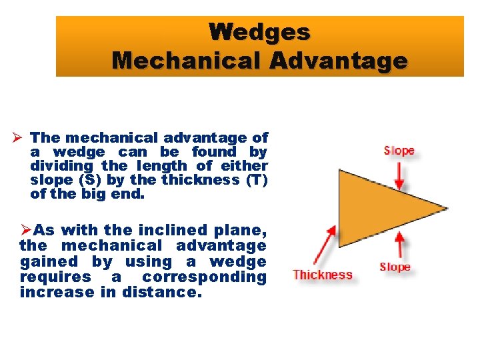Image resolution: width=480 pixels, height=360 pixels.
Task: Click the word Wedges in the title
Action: point(259,31)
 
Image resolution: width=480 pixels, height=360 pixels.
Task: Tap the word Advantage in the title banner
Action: point(339,61)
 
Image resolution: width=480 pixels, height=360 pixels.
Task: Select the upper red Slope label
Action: point(399,151)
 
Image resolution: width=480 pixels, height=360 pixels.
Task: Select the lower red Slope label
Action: point(395,267)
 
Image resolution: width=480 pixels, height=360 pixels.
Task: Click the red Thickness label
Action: point(322,275)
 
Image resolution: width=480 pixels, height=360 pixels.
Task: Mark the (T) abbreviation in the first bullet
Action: point(253,180)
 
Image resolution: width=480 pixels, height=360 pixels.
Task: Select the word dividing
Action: point(62,166)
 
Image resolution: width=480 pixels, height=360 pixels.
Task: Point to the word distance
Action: point(161,292)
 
